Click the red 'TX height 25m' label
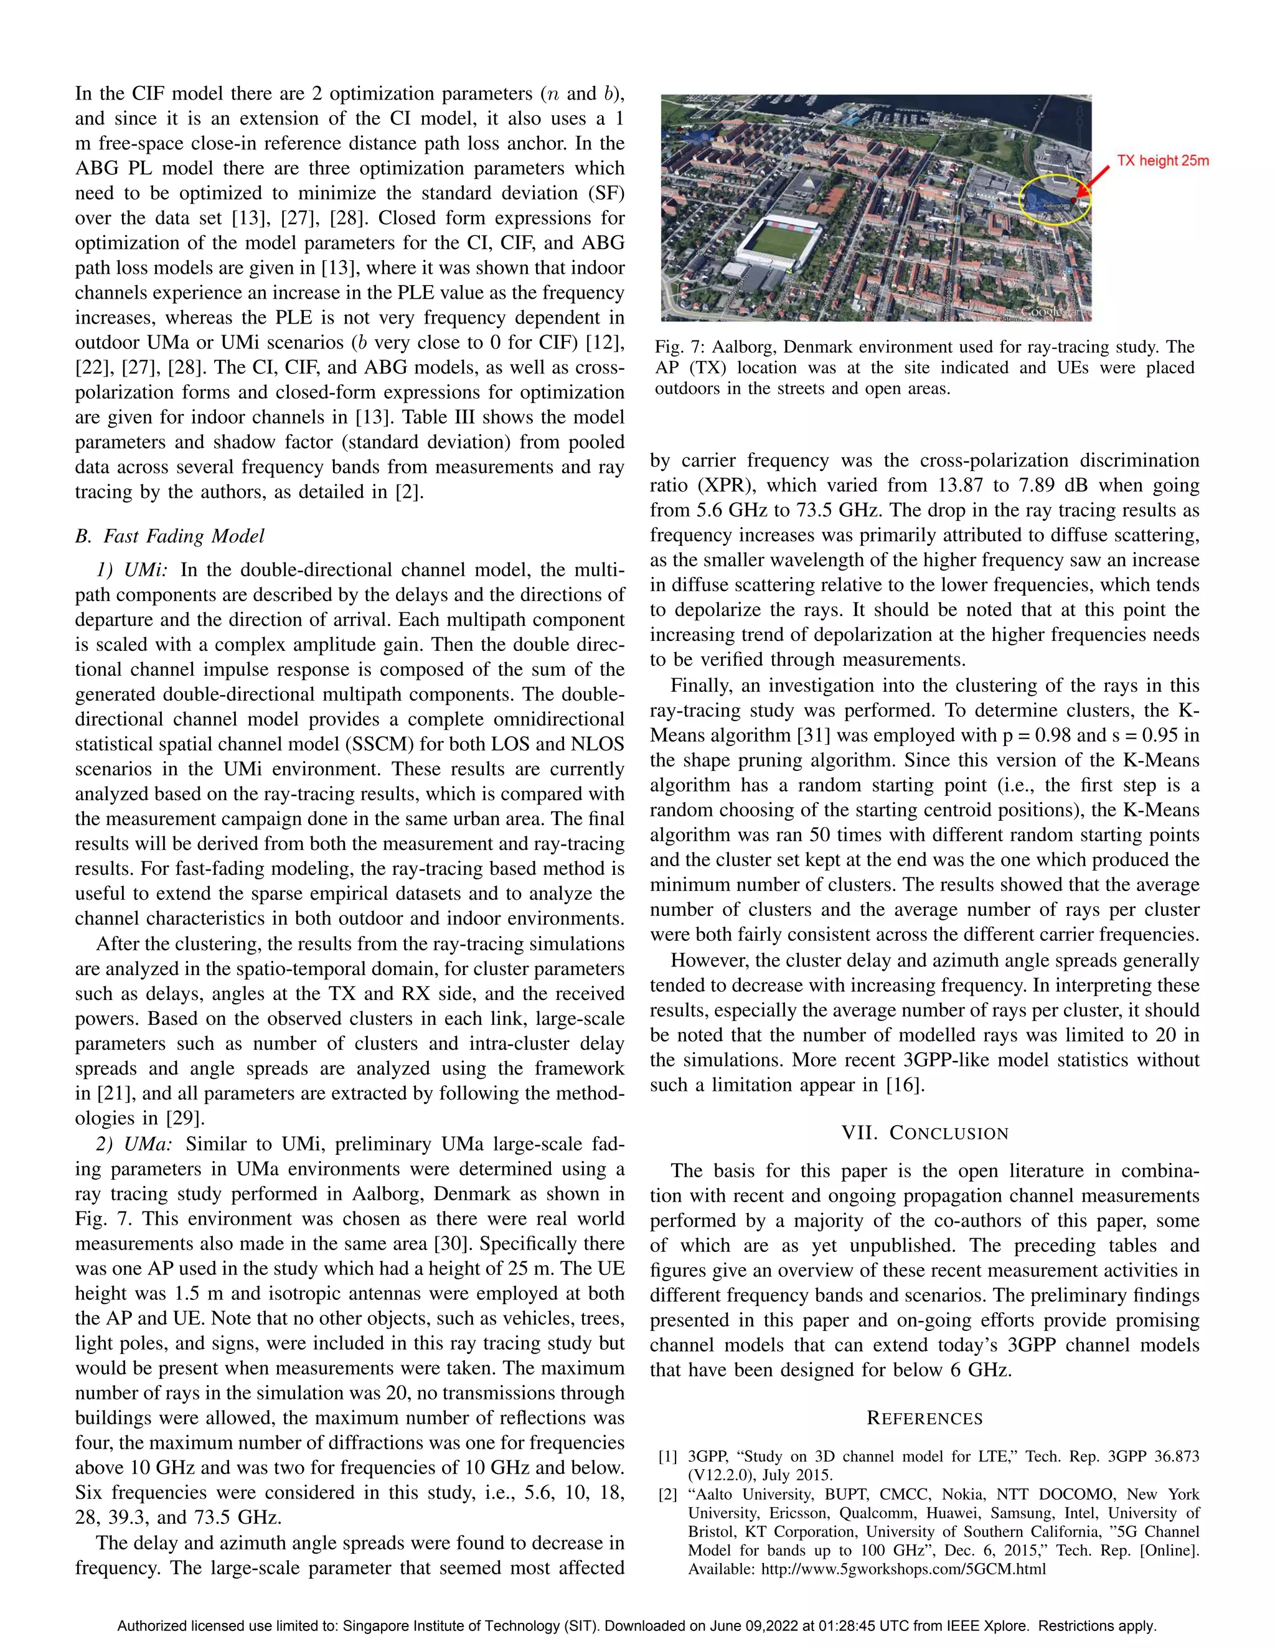(x=1162, y=160)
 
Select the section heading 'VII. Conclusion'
(x=924, y=1133)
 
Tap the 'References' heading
(x=924, y=1418)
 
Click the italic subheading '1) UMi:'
(x=131, y=569)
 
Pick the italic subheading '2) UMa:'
(x=134, y=1144)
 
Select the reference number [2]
(x=668, y=1494)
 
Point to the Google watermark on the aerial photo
(x=1046, y=312)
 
